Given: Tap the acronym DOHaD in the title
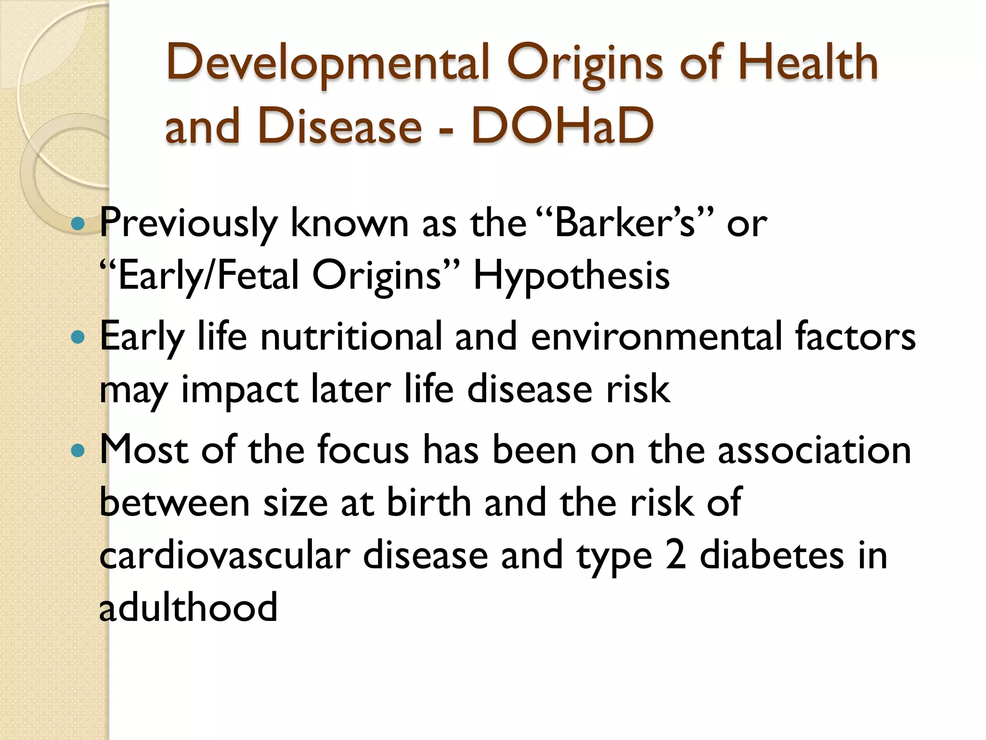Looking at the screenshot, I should (562, 126).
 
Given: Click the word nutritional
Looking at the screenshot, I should (351, 336).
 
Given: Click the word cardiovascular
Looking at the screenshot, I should (225, 555).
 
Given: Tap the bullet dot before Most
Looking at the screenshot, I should (78, 451).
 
